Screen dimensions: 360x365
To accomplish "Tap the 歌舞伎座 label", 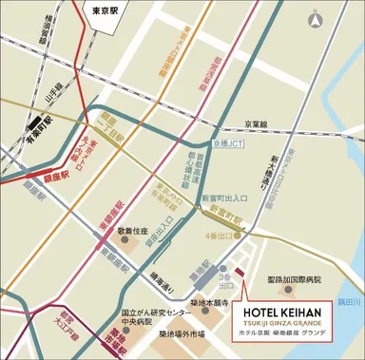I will pyautogui.click(x=131, y=231).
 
